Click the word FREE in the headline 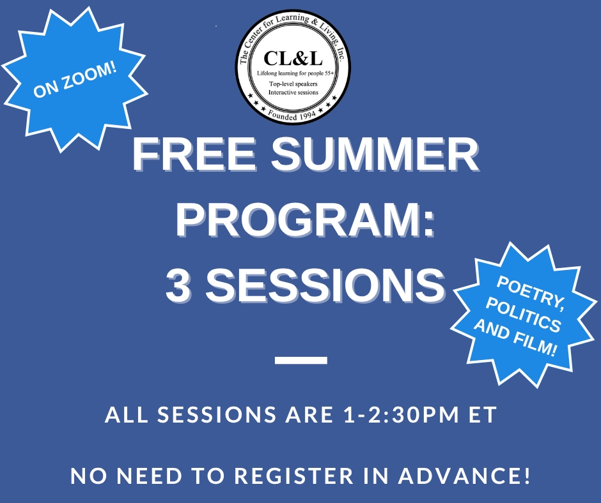195,154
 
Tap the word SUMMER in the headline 375,154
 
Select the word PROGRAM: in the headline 306,220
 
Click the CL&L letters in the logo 293,59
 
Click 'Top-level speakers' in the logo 293,84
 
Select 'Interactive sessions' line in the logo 293,93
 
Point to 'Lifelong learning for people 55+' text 295,73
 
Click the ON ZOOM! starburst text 75,81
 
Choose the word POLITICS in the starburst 524,315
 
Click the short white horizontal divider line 301,360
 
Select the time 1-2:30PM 402,414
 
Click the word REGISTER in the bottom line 294,476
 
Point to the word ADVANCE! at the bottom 465,476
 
